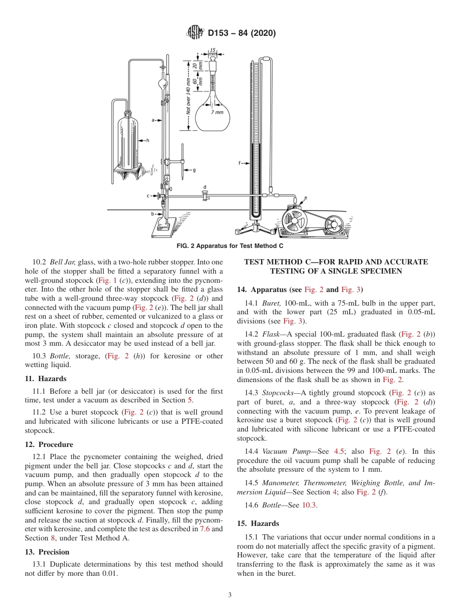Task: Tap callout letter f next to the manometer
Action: pyautogui.click(x=239, y=164)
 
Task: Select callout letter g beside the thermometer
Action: pyautogui.click(x=194, y=170)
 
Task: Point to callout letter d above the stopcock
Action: pyautogui.click(x=204, y=186)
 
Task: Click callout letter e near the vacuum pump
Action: pyautogui.click(x=306, y=198)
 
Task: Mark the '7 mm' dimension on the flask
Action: pyautogui.click(x=217, y=112)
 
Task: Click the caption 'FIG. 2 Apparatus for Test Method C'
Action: pyautogui.click(x=230, y=246)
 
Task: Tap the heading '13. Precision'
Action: pyautogui.click(x=47, y=552)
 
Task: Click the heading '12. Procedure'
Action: pyautogui.click(x=49, y=445)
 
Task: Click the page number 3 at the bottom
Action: pyautogui.click(x=230, y=595)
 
